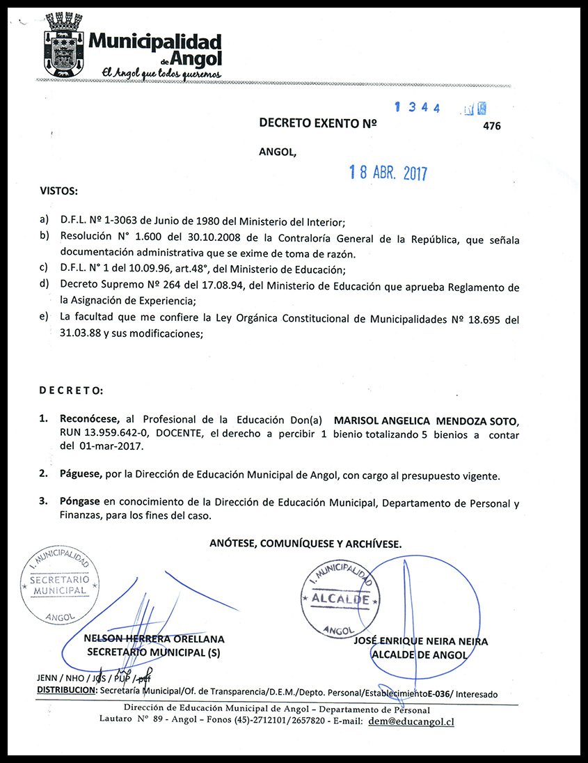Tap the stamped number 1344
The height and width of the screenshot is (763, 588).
point(418,108)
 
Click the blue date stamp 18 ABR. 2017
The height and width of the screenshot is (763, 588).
point(388,173)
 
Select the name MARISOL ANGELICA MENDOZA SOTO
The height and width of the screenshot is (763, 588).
point(426,420)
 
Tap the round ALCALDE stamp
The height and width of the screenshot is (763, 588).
point(340,599)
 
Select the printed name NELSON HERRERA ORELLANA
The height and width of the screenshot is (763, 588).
point(154,639)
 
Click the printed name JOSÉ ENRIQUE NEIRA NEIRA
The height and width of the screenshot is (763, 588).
point(421,641)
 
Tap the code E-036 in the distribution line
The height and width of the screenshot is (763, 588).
point(440,693)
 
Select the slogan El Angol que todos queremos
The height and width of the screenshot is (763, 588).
point(161,72)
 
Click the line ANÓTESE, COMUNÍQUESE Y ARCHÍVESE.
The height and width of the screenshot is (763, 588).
point(305,544)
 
